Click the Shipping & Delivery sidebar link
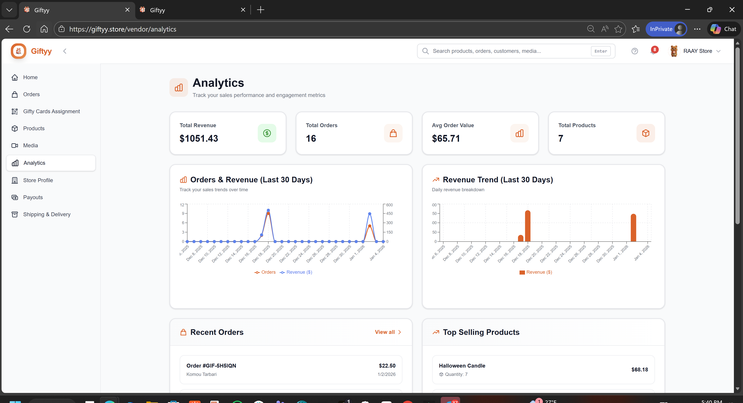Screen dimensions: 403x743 (46, 214)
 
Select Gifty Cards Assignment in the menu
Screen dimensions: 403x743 (51, 111)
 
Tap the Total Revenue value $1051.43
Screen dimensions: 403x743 (199, 138)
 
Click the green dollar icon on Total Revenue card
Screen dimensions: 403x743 (267, 133)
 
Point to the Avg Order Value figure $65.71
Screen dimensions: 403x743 (446, 138)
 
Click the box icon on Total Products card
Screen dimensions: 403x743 (646, 133)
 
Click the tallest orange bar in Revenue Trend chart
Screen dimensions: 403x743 (527, 226)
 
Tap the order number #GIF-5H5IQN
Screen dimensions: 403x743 (211, 365)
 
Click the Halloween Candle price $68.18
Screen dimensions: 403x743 (639, 370)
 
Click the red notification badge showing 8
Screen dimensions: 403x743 (655, 50)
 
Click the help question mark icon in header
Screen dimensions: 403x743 (635, 51)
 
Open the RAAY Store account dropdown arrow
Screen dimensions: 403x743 (718, 51)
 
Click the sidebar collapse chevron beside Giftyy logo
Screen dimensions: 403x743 (65, 51)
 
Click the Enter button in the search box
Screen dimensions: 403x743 (600, 51)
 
